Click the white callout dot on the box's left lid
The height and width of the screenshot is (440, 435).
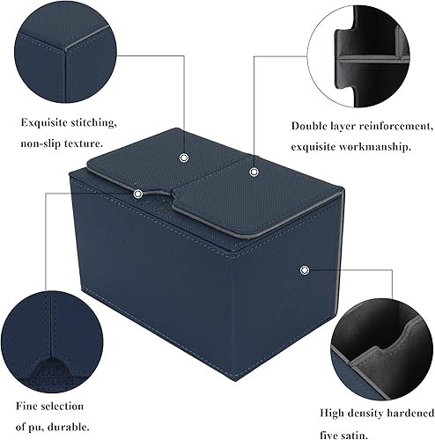[183, 158]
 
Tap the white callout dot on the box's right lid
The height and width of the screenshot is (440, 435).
[253, 171]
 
